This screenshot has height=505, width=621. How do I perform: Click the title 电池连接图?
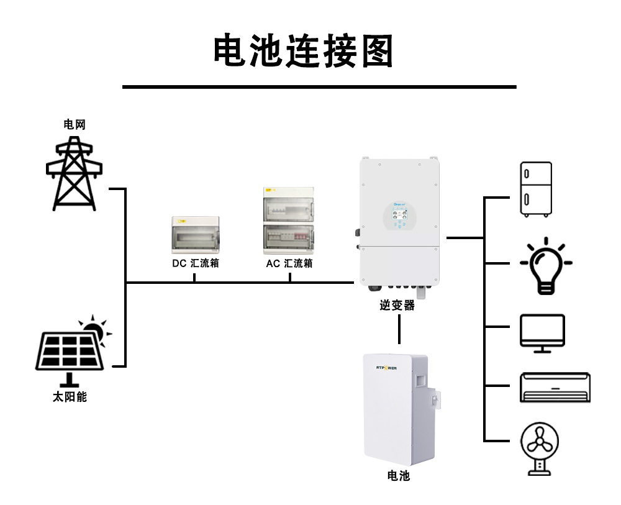(304, 51)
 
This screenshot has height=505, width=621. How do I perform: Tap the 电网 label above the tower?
(74, 124)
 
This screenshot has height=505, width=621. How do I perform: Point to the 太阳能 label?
(70, 396)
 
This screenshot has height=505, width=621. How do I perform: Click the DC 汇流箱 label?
(196, 263)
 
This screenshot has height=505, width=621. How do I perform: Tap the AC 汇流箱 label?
(289, 263)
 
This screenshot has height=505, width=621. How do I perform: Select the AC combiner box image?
(289, 220)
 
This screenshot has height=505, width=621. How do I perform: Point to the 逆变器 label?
(397, 305)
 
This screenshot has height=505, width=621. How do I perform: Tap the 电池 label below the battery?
(398, 476)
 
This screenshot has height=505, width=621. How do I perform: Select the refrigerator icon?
(535, 189)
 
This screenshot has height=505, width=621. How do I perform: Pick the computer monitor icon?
(542, 333)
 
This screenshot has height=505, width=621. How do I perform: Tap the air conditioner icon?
(555, 388)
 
